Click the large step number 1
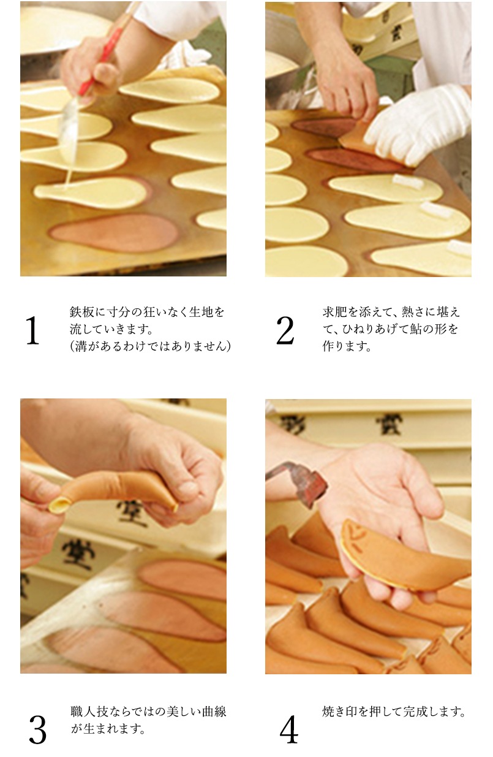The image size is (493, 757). tap(32, 330)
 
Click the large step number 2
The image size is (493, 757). tap(285, 330)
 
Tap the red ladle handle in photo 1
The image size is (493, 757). tap(100, 61)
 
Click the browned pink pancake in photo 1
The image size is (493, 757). tap(113, 232)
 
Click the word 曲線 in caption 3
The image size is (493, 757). tap(214, 712)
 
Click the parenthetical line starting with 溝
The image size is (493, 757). tap(151, 346)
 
